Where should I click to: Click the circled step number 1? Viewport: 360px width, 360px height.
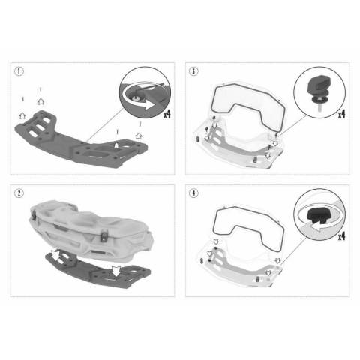coord(19,71)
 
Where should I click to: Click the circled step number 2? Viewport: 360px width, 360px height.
coord(19,193)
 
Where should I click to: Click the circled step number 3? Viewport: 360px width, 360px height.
coord(193,71)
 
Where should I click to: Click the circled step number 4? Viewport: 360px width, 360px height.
coord(193,193)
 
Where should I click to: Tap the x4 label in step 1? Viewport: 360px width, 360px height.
coord(167,114)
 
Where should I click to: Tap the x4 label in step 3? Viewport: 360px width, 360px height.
coord(342,114)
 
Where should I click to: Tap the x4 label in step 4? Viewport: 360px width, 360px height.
coord(342,235)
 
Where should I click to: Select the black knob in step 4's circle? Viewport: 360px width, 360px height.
coord(317,215)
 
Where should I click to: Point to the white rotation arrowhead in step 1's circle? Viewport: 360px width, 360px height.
coord(150,105)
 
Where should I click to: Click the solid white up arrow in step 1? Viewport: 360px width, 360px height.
coord(116,145)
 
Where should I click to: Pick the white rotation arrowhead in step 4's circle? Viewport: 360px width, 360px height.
coord(316,227)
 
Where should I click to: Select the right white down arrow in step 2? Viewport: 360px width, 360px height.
coord(115,271)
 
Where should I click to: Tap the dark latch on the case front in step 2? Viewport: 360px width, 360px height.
coord(103,236)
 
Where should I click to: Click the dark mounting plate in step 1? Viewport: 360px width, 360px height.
coord(80,141)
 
